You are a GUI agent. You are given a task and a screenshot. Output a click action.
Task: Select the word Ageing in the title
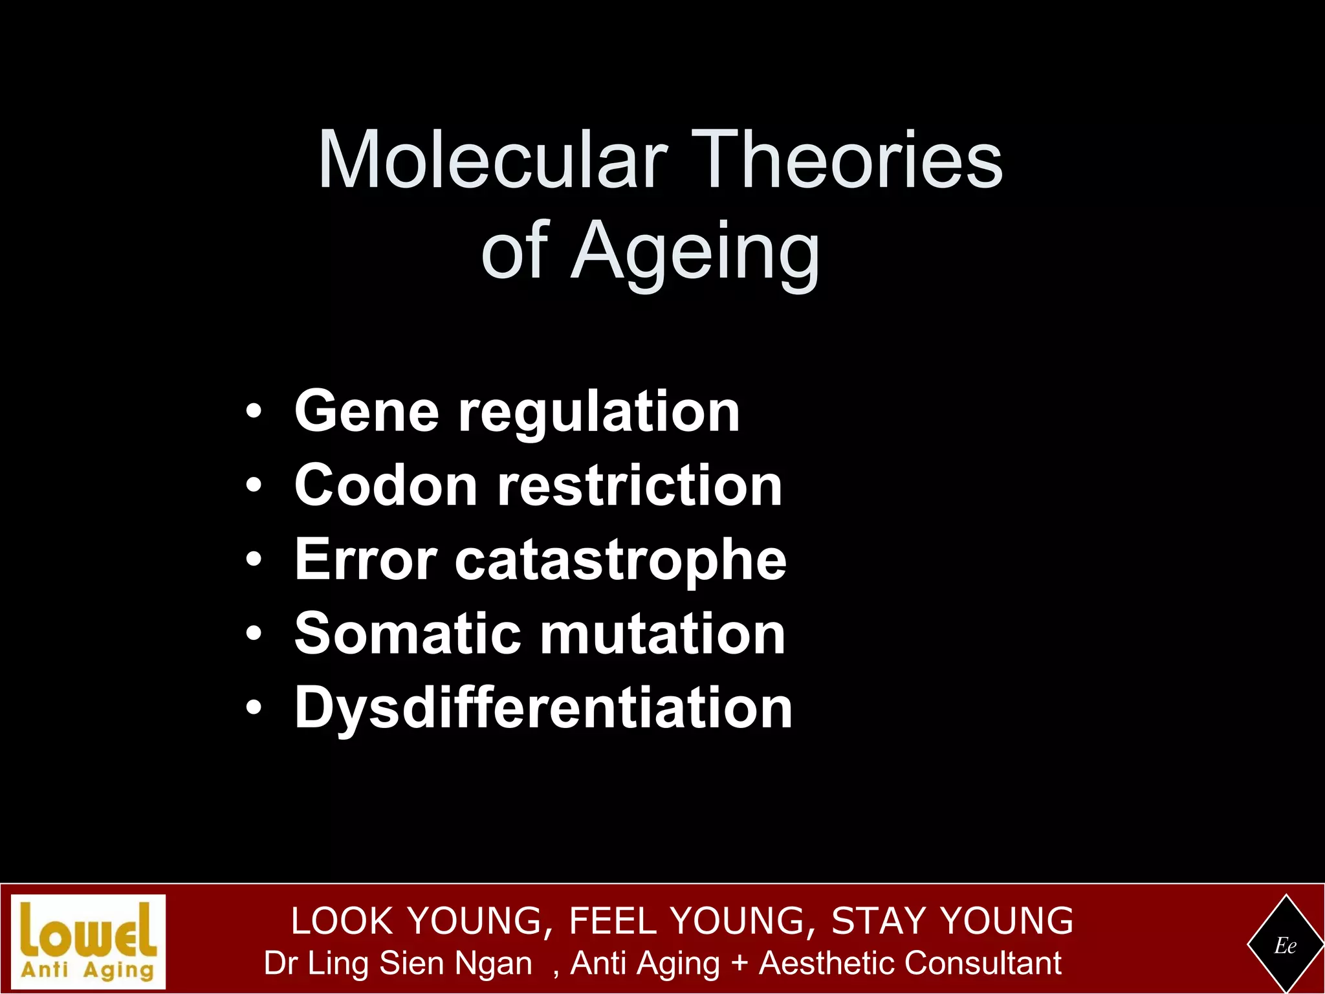(695, 252)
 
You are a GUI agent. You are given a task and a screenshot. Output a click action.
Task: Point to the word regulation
(599, 413)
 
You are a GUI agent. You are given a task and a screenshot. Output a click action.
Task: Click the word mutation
(663, 634)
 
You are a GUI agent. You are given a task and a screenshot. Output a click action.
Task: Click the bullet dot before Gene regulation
(254, 412)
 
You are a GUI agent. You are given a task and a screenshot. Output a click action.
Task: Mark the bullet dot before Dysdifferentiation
(254, 708)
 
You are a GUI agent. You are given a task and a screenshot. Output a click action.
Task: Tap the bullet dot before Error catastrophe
(254, 560)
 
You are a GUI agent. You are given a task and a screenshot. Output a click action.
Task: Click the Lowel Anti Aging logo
(89, 942)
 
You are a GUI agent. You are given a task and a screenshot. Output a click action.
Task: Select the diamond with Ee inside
(1285, 945)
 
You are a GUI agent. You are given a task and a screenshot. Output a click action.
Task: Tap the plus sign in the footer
(739, 963)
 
